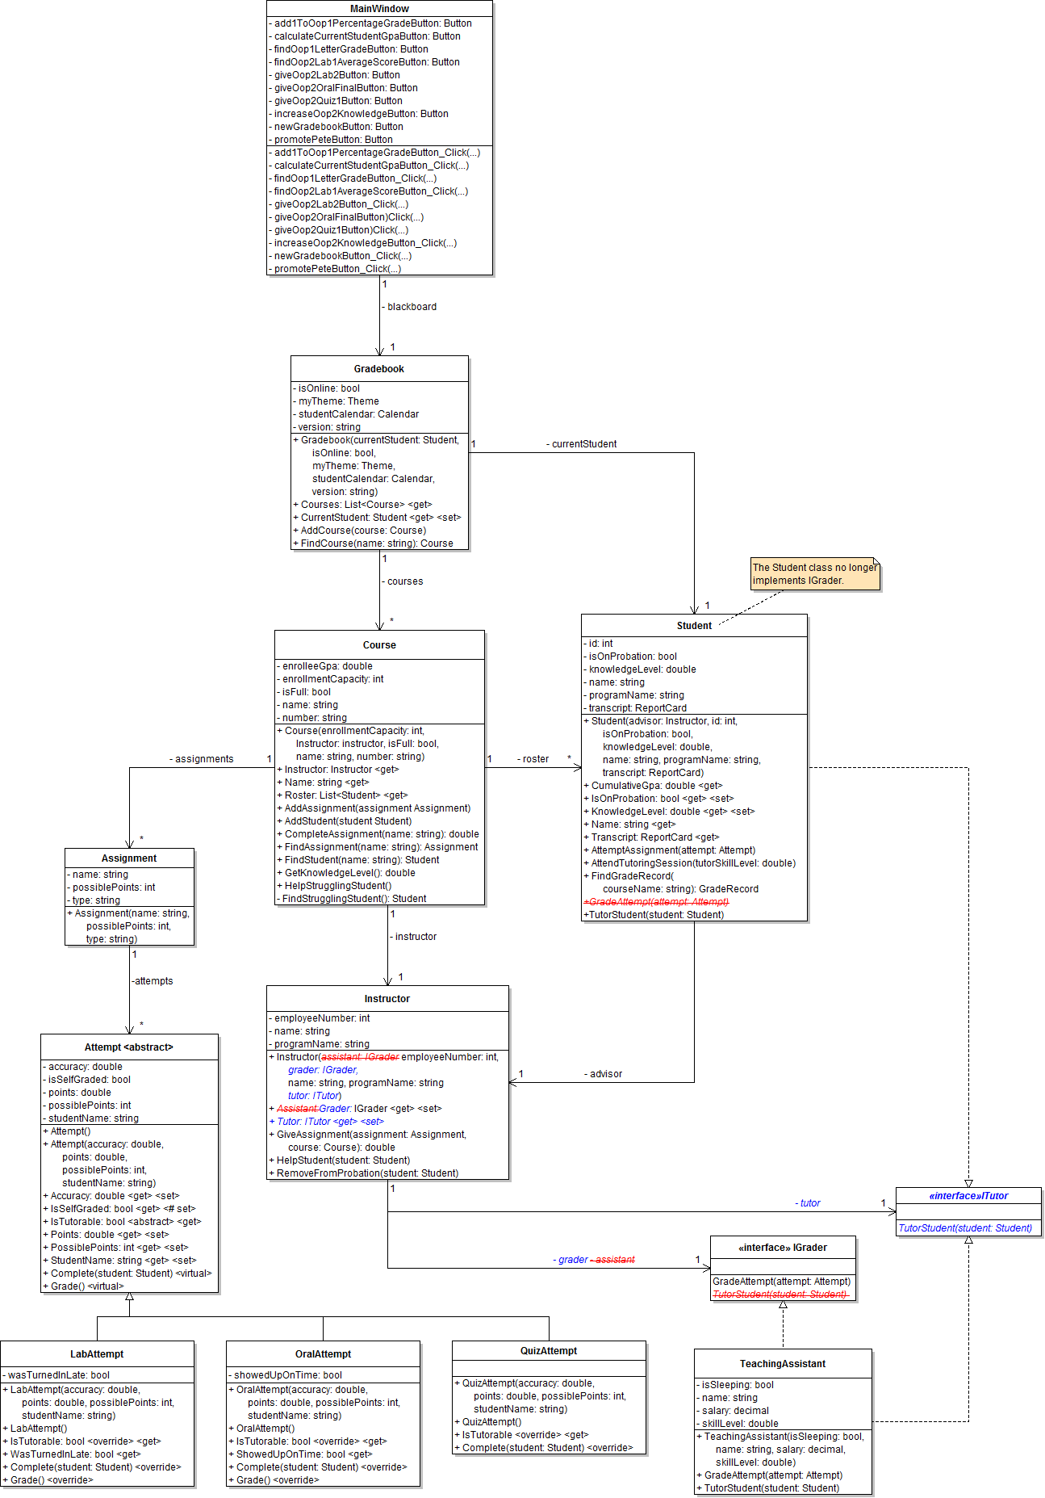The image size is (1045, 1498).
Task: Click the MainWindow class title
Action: (x=379, y=9)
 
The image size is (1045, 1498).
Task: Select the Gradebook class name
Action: (x=379, y=369)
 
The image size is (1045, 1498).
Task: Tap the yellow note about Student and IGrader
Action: (x=815, y=574)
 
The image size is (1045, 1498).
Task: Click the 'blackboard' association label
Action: (x=412, y=307)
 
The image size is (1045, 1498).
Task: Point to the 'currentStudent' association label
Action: (x=583, y=444)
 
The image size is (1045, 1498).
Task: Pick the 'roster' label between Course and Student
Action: (x=534, y=759)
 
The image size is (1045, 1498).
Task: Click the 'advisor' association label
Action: (x=605, y=1074)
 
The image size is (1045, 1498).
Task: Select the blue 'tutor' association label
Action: (x=809, y=1203)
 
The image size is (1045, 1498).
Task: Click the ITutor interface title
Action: (x=968, y=1196)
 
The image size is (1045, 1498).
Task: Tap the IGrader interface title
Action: (x=783, y=1248)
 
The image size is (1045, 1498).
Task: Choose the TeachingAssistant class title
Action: (x=783, y=1364)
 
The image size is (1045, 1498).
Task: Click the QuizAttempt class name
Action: (x=549, y=1351)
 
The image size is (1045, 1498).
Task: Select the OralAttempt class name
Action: (x=323, y=1354)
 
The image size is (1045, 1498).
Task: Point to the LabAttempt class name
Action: (x=97, y=1354)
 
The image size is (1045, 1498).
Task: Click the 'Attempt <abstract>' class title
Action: (x=129, y=1047)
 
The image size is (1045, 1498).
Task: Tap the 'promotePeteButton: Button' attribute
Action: (x=333, y=140)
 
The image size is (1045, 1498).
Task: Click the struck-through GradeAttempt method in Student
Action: (x=657, y=902)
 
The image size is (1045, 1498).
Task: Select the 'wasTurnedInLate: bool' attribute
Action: (x=59, y=1375)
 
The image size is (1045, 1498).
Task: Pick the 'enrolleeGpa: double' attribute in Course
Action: (x=327, y=666)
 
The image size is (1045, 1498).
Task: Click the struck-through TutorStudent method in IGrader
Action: (x=780, y=1294)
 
